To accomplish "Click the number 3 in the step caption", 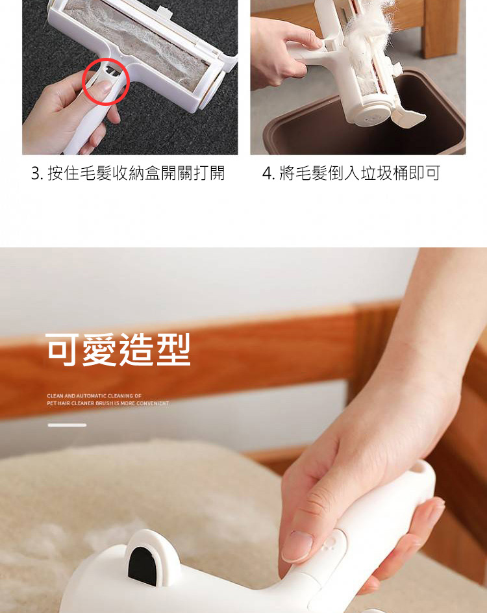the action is coord(36,173).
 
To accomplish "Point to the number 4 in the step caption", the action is coord(268,173).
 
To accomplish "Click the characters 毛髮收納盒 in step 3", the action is coord(104,173).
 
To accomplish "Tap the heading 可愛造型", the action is coord(118,349).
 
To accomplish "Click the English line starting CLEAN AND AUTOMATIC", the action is coord(94,396).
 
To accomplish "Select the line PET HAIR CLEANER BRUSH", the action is coord(108,403).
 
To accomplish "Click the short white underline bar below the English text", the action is coord(67,425).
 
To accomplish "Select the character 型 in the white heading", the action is coord(173,349).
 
